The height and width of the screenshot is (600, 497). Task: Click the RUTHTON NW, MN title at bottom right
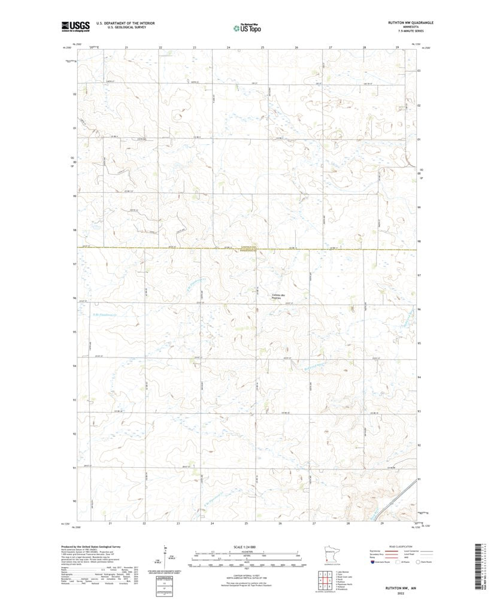tap(409, 588)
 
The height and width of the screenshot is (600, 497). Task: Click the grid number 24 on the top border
tap(228, 47)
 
